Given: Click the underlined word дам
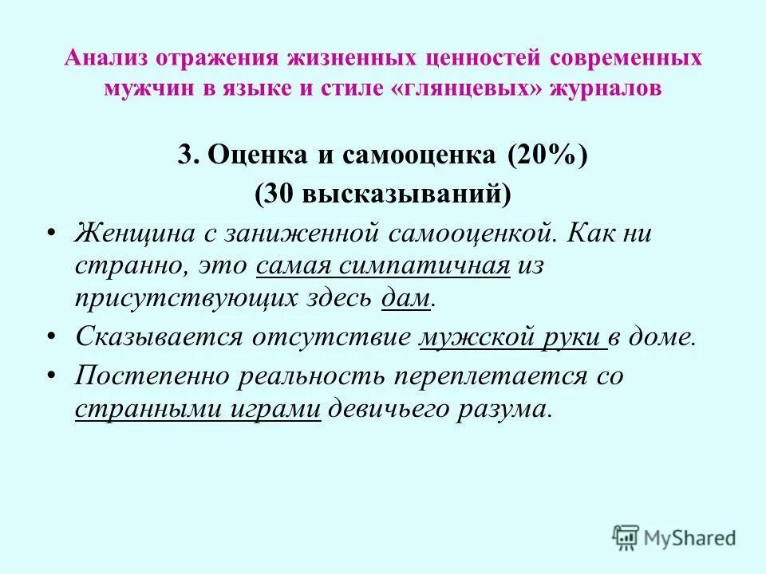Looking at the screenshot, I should click(407, 298).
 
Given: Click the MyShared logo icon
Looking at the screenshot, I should click(626, 537).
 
